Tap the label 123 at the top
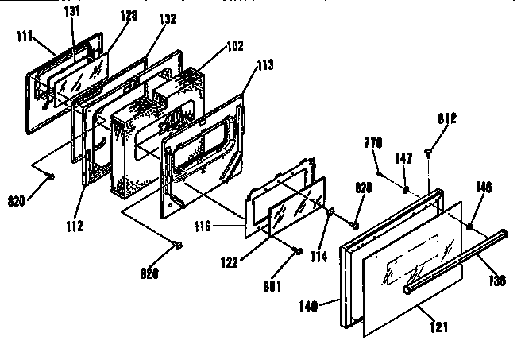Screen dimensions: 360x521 click(107, 14)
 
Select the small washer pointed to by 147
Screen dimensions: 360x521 click(405, 190)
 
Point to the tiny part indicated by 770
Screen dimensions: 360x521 click(380, 172)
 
